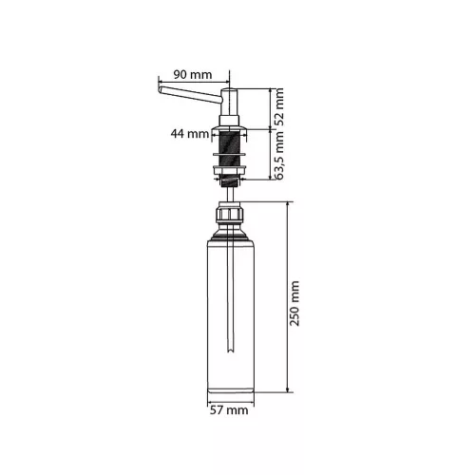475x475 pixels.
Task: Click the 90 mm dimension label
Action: pos(193,75)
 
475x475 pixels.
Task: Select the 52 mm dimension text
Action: pos(279,107)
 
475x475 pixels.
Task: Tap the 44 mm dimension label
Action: pos(190,134)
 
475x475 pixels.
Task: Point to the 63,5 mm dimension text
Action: pos(279,156)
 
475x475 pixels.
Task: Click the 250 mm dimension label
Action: pos(294,303)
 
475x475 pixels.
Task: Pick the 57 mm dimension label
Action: pos(229,410)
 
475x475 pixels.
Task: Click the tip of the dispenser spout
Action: pos(160,89)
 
